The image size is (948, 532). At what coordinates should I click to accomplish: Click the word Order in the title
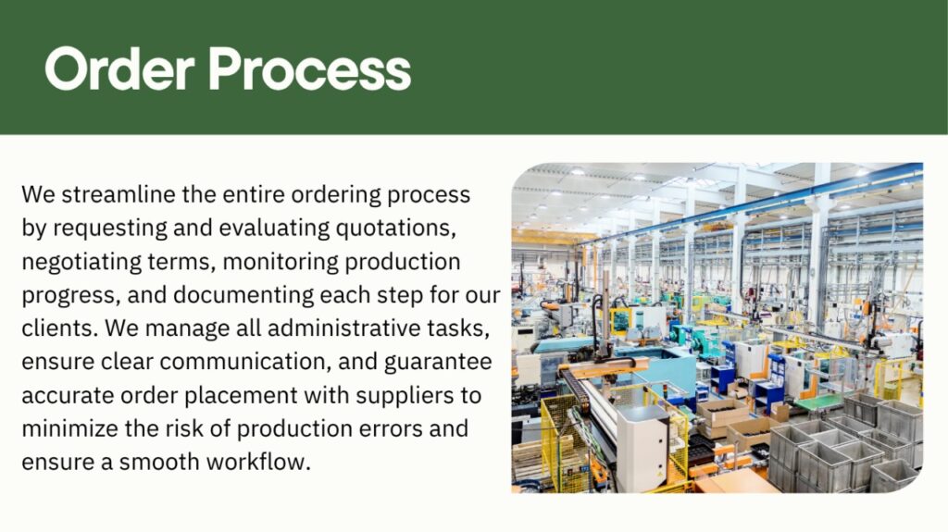point(119,68)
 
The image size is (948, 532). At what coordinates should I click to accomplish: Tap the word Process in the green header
point(309,68)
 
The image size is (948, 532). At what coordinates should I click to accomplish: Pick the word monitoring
point(281,263)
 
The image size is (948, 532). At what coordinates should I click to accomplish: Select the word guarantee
point(438,362)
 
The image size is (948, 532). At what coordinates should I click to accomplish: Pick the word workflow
point(259,462)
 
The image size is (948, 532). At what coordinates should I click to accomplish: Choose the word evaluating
point(274,229)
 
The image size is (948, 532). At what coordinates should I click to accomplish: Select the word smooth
point(159,462)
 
